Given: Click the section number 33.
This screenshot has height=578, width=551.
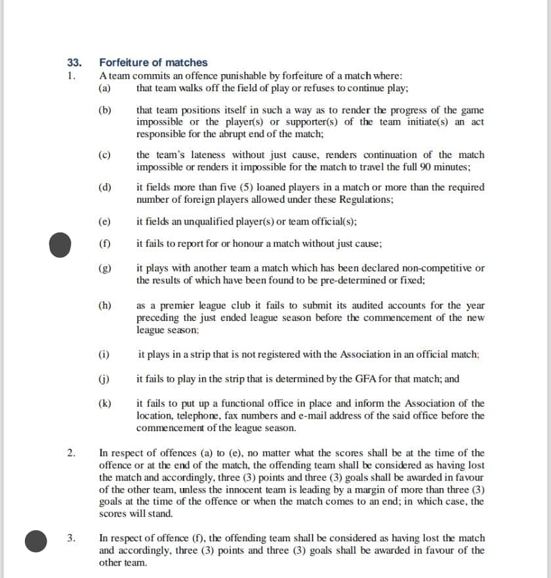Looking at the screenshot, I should [74, 63].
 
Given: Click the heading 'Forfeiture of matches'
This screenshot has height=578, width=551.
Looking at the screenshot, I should [153, 63].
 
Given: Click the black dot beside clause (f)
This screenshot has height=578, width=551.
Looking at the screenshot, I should [60, 244].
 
